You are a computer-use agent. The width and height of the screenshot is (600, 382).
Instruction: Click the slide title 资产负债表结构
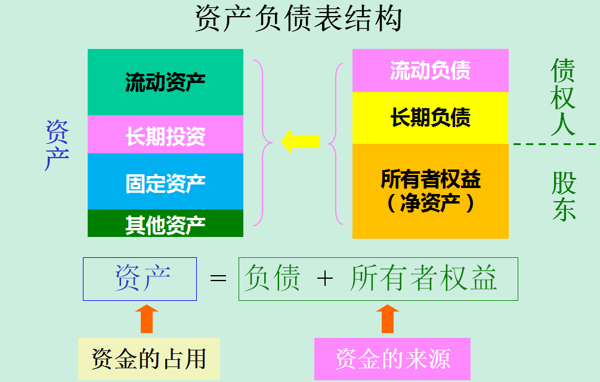click(x=299, y=19)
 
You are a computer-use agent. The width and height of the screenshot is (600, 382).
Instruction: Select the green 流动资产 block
click(x=165, y=82)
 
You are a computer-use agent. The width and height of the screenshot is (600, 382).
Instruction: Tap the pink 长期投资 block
click(x=165, y=135)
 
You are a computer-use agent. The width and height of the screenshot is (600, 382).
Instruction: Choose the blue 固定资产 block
click(x=165, y=181)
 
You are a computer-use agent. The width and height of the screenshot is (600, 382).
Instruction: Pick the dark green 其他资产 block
click(x=165, y=223)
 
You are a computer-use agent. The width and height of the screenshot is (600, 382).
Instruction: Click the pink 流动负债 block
click(x=430, y=70)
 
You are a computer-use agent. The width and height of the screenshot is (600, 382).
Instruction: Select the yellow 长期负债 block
click(x=430, y=118)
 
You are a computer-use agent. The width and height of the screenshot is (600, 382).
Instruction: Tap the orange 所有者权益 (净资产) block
click(x=430, y=191)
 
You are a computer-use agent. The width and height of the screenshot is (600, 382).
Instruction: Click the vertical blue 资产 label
click(x=57, y=145)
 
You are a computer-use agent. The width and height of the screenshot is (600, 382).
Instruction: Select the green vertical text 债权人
click(x=562, y=97)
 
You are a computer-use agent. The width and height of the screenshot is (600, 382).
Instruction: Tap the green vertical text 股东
click(x=563, y=197)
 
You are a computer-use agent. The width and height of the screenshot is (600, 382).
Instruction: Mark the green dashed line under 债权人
click(x=555, y=144)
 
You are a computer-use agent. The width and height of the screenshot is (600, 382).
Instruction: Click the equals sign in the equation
click(x=218, y=279)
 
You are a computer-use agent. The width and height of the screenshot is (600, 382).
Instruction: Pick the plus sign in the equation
click(x=325, y=279)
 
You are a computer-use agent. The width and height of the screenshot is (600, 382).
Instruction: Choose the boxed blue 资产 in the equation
click(x=140, y=279)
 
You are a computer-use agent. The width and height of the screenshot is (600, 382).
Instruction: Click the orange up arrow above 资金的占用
click(x=146, y=319)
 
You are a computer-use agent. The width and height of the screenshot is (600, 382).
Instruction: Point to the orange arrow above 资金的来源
click(x=388, y=319)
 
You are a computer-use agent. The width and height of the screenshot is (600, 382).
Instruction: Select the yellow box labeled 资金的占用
click(x=149, y=359)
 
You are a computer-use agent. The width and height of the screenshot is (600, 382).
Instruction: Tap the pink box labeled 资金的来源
click(x=392, y=359)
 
